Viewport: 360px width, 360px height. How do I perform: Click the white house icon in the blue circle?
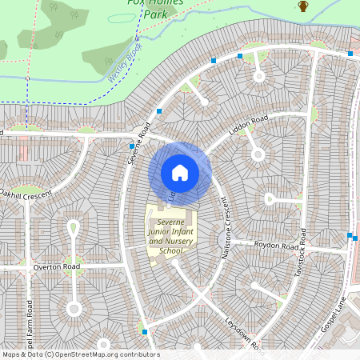(180, 172)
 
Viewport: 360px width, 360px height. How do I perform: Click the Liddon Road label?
(248, 126)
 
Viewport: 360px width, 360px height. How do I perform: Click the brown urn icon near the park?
(303, 6)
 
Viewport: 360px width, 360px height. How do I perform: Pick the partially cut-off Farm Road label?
(30, 328)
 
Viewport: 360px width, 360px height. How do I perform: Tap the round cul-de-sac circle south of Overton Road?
(74, 308)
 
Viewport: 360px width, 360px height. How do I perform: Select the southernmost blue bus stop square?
(145, 330)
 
